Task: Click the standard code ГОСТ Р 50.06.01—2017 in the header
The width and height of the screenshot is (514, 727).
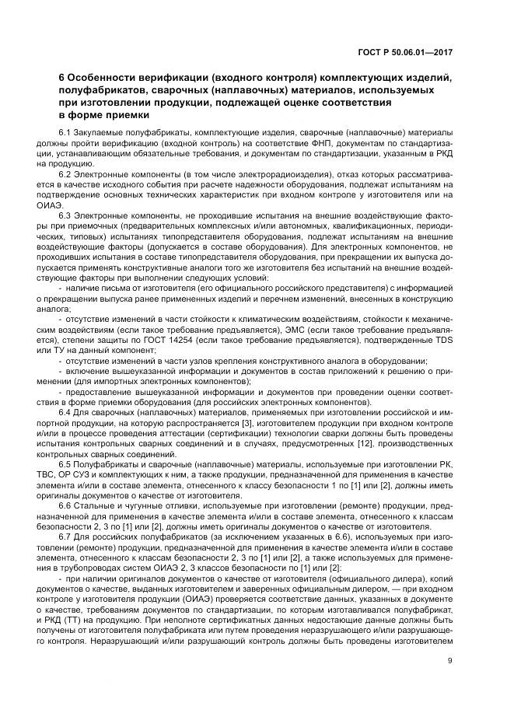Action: pyautogui.click(x=405, y=52)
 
